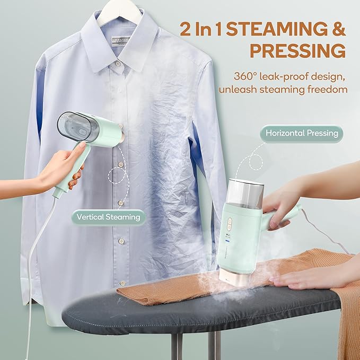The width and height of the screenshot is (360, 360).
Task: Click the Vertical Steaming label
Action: [108, 216]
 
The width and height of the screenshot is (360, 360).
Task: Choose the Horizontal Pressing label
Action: [303, 133]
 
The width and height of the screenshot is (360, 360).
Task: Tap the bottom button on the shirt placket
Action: [122, 284]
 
